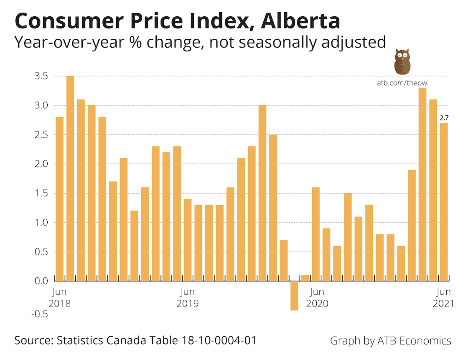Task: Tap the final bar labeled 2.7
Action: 444,202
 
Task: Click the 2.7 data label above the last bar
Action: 444,118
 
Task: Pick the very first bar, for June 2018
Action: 60,199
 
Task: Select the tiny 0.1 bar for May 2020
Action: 305,278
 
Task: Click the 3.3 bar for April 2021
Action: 422,184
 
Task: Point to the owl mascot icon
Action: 402,61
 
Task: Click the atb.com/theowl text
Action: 403,83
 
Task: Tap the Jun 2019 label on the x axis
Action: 187,297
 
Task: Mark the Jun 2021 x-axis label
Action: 443,297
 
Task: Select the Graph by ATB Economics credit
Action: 390,340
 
